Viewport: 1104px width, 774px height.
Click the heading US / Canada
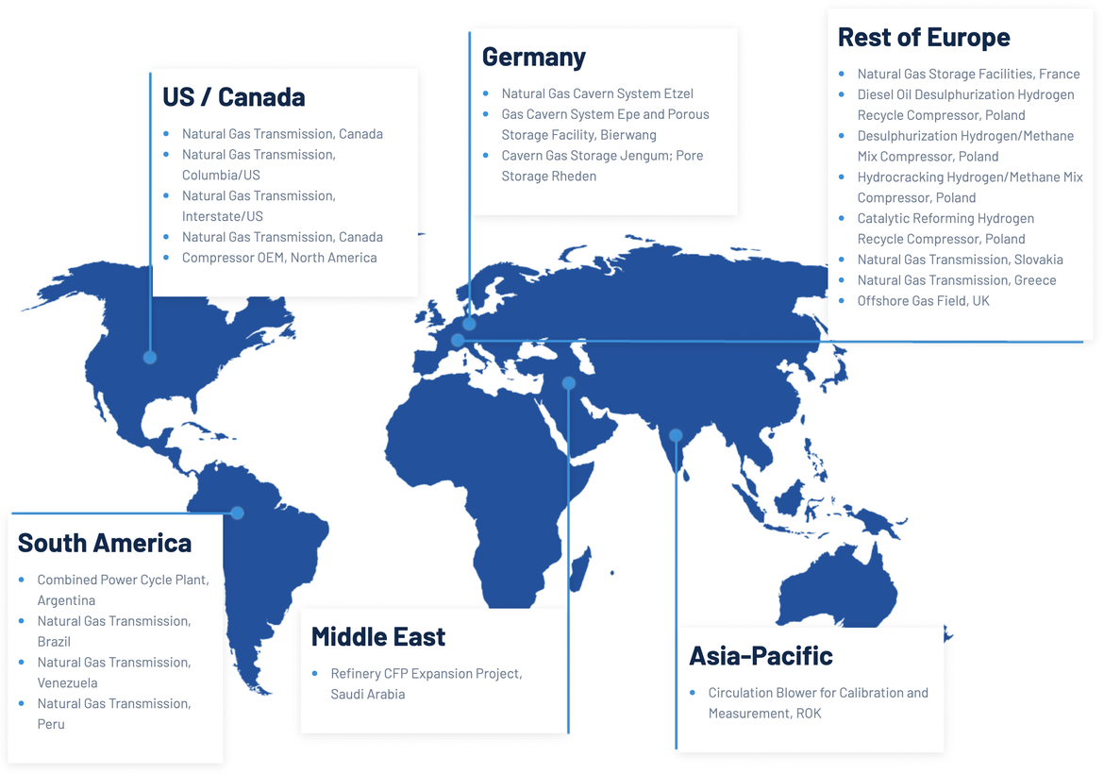[x=233, y=97]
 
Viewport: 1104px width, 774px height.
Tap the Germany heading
[x=533, y=57]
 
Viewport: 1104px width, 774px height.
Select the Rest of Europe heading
[x=923, y=37]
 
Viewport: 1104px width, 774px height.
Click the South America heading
[x=104, y=543]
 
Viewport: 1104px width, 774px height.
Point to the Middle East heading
[x=377, y=637]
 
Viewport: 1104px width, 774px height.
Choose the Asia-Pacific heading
[x=761, y=655]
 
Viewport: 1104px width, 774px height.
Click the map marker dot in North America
[x=150, y=357]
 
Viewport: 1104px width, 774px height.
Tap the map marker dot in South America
[x=237, y=513]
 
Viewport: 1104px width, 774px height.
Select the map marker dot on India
[x=676, y=435]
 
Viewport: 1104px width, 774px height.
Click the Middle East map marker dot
[x=568, y=383]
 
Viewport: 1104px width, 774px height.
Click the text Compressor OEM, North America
[x=279, y=258]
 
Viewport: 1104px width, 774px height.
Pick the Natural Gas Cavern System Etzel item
[x=597, y=93]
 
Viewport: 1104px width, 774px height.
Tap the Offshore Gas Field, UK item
[x=923, y=301]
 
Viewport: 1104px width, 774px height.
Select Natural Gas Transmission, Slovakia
[x=960, y=260]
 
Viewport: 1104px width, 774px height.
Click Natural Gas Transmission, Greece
[x=956, y=280]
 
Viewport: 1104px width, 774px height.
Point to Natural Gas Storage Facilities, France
[x=968, y=74]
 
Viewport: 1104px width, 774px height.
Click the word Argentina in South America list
[x=66, y=600]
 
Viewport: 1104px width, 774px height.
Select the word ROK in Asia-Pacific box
[x=808, y=714]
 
